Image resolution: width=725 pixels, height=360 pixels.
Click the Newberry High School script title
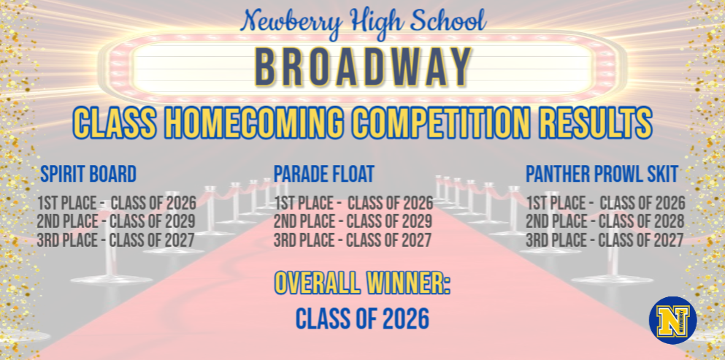363,20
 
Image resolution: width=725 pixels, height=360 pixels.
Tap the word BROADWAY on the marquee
363,67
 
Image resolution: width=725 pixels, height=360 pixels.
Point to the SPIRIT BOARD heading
88,175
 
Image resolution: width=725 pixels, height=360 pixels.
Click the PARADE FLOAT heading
324,174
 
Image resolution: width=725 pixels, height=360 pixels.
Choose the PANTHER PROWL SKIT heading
602,175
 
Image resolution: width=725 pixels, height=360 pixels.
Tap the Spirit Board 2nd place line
116,221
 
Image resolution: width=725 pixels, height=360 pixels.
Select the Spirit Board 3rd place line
116,240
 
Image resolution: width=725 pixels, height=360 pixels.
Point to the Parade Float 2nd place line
353,221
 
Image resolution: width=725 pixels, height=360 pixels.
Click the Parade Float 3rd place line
353,240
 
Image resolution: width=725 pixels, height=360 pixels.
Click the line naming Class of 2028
605,221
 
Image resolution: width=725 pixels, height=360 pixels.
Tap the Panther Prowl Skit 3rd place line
605,240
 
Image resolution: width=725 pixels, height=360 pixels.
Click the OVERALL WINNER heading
362,283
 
